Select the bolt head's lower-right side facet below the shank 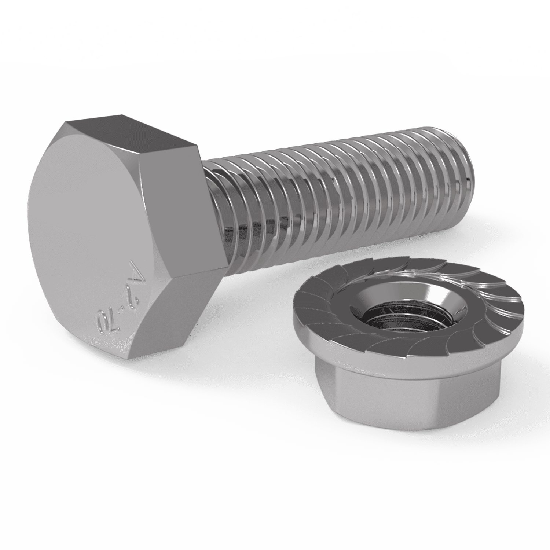coord(183,308)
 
